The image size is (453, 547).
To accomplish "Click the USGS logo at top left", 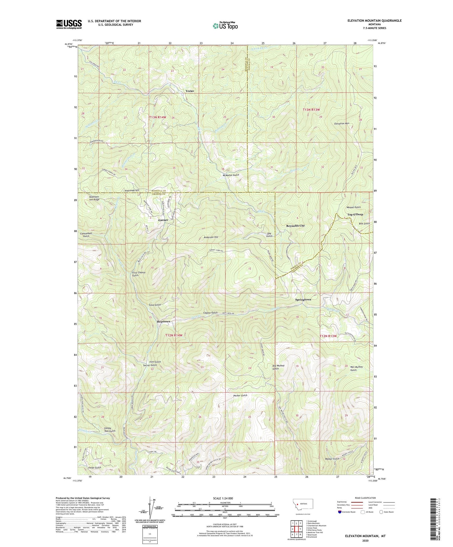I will [69, 24].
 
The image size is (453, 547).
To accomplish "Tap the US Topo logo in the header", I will [225, 26].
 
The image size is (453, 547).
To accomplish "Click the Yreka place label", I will [190, 91].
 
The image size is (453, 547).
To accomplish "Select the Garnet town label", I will [163, 220].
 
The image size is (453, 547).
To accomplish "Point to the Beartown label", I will [164, 322].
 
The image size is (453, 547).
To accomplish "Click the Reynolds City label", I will [295, 226].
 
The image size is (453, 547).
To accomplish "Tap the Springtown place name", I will [303, 300].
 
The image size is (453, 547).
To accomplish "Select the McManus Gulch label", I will [231, 175].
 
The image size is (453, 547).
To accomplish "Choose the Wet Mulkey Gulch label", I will [356, 369].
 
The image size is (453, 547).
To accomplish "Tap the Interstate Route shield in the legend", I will [340, 512].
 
